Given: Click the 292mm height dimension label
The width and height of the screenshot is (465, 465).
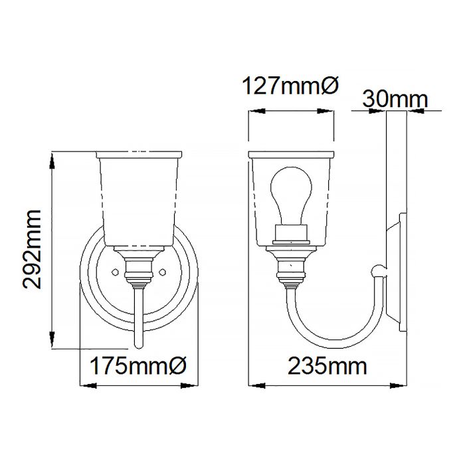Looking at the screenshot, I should click(31, 249).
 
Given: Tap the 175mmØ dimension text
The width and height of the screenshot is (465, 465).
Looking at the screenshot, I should click(139, 366).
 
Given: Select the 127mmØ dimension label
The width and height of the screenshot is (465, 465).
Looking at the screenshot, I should click(290, 86).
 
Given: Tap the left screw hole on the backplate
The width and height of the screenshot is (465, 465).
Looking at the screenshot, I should click(114, 272).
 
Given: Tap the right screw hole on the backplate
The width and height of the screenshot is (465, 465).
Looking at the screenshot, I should click(163, 272).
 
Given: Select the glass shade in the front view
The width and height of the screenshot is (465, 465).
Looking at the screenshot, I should click(139, 199).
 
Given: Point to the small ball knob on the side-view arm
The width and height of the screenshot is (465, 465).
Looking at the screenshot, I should click(378, 268).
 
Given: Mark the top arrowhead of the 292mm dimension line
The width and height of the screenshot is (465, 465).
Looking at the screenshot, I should click(51, 156).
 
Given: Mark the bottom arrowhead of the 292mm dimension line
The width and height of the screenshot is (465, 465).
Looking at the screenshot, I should click(51, 345).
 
